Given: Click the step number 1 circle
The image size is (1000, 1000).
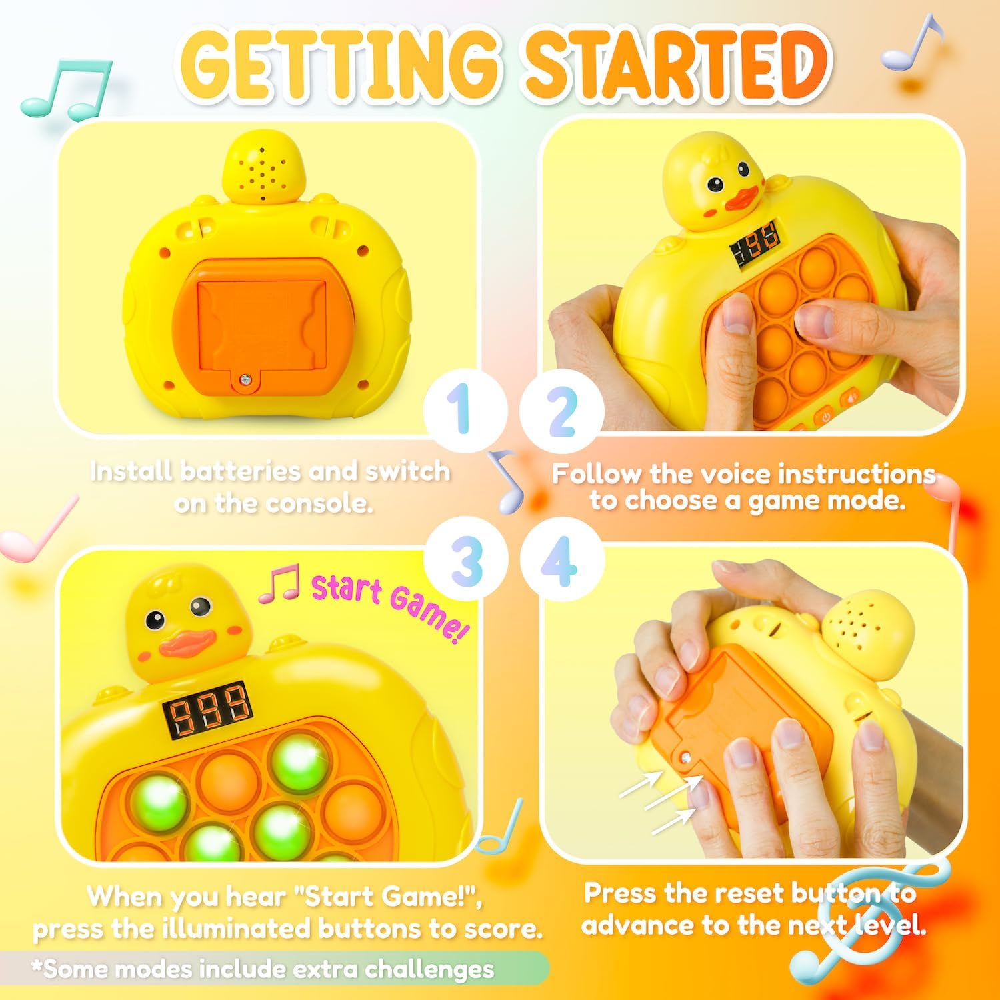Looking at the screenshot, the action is coord(465,409).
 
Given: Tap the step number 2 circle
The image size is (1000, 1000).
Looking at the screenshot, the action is coord(561,409).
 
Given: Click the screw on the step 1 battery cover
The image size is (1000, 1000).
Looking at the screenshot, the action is coord(245,379).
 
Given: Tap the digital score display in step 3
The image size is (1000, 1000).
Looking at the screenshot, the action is coord(207,708).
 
